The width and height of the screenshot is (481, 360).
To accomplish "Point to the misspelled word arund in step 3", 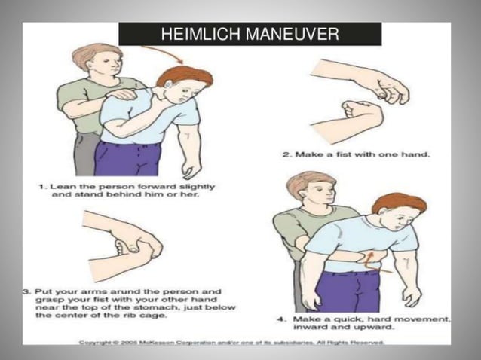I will [103, 288].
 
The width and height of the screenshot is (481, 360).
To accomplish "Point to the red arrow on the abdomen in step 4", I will [371, 261].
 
